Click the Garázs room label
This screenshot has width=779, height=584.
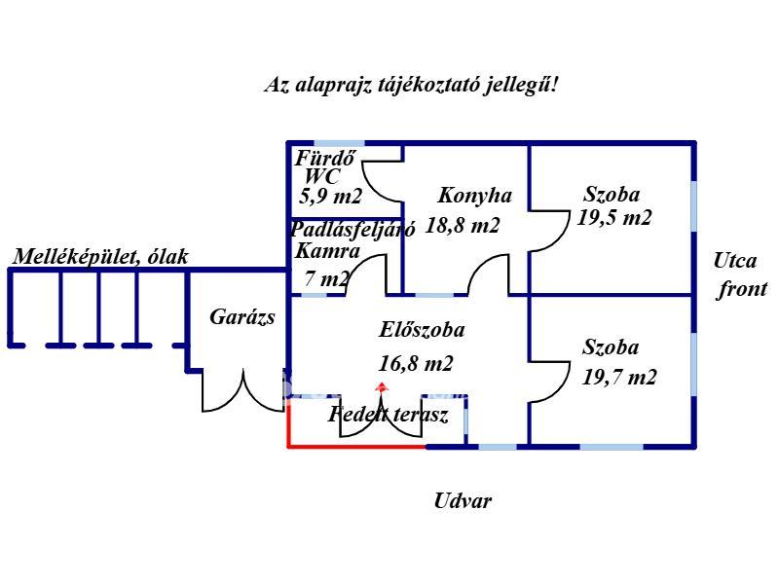point(242,317)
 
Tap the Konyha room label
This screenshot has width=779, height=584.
point(474,195)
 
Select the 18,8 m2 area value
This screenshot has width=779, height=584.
point(464,226)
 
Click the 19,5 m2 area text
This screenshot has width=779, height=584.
point(613,218)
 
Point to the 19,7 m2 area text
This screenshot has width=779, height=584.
point(618,377)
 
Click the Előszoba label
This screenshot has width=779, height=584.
point(421,330)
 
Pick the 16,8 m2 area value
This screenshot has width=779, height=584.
point(416,364)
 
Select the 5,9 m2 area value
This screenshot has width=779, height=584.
point(331,197)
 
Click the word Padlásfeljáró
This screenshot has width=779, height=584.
point(352,230)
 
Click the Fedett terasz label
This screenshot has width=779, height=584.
point(389,416)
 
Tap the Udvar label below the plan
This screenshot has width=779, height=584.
point(463,502)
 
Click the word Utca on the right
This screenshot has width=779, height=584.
point(735,261)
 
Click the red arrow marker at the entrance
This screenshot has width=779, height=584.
point(382,387)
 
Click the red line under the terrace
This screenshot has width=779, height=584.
point(356,447)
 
